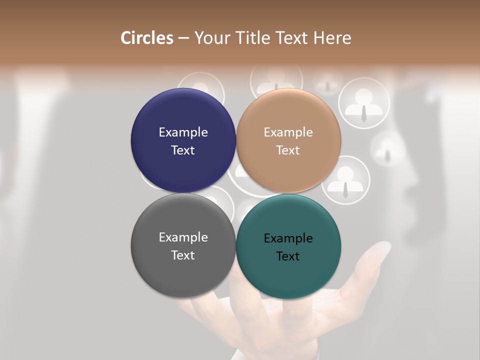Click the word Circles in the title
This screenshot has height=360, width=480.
pyautogui.click(x=147, y=38)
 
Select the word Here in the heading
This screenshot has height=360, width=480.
pyautogui.click(x=332, y=38)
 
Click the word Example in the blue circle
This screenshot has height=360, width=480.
pyautogui.click(x=183, y=132)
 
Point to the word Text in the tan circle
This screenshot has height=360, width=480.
pyautogui.click(x=288, y=150)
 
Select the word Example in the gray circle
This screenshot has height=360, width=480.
pyautogui.click(x=183, y=237)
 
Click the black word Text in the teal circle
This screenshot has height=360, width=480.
pyautogui.click(x=288, y=256)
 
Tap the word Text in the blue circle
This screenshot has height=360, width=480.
pyautogui.click(x=183, y=150)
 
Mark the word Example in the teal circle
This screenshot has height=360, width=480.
pyautogui.click(x=288, y=238)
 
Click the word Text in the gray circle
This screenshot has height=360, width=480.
pyautogui.click(x=183, y=255)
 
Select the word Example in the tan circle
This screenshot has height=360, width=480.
pyautogui.click(x=288, y=132)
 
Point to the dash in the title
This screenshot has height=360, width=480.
pyautogui.click(x=183, y=38)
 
